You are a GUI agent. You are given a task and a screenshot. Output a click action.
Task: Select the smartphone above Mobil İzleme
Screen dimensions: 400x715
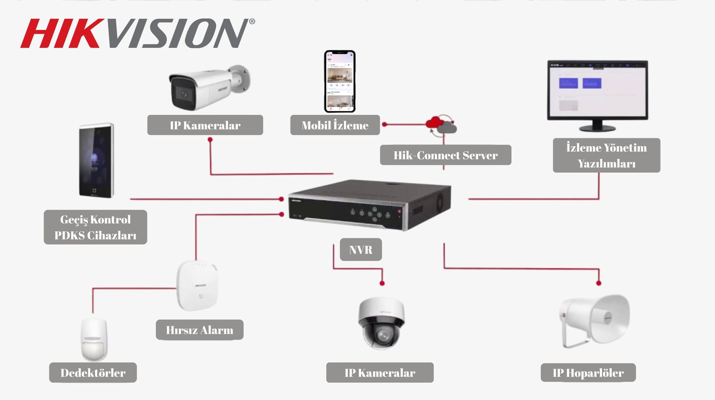tap(340, 81)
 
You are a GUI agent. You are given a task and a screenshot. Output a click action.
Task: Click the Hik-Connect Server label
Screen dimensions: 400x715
tap(446, 155)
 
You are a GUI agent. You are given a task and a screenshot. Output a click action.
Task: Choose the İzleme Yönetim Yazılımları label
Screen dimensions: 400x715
tap(606, 155)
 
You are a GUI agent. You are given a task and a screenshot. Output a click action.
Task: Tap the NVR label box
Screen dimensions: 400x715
tap(361, 250)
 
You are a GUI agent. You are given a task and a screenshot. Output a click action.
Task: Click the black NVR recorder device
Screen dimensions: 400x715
tap(369, 204)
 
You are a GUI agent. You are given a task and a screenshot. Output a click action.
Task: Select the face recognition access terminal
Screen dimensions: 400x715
tap(96, 161)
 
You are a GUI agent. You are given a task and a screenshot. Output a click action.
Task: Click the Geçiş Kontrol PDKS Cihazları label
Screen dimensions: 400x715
tap(95, 227)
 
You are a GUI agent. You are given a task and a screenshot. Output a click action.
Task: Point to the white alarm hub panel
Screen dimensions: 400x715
tap(197, 286)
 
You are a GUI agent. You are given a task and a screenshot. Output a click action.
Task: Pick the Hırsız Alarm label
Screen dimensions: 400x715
tap(200, 330)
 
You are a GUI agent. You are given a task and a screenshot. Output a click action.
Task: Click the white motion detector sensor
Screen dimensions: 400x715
tap(94, 339)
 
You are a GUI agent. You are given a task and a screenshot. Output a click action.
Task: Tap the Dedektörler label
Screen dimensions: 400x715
tap(93, 373)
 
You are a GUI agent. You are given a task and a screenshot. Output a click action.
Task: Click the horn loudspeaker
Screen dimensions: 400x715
tap(594, 319)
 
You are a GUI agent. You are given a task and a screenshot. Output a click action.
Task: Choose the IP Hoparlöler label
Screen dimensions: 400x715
tap(588, 373)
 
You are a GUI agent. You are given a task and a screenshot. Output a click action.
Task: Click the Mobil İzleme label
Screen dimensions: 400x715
tap(335, 125)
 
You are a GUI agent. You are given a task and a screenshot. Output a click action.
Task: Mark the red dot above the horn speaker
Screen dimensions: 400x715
tap(599, 283)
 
